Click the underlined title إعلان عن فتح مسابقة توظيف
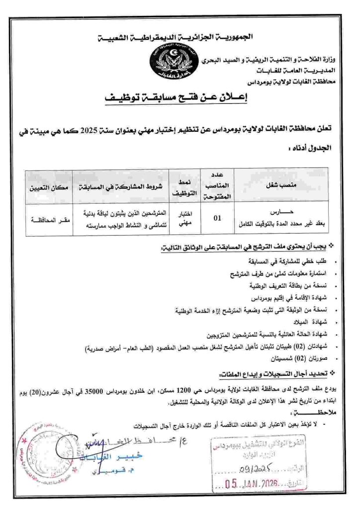(x=180, y=98)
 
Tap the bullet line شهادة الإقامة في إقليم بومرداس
(x=291, y=298)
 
